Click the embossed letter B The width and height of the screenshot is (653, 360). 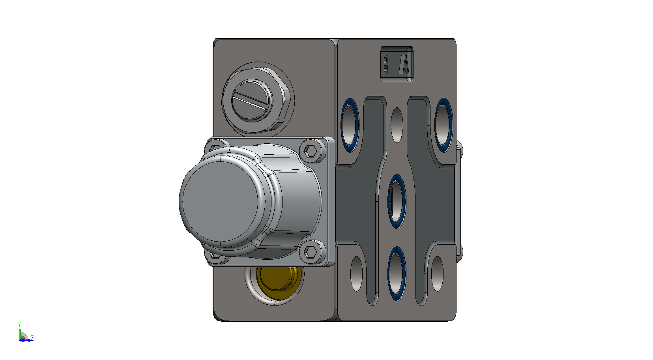coord(385,65)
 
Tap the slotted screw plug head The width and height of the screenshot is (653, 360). coord(252,101)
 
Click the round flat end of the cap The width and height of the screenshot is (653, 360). coord(221,202)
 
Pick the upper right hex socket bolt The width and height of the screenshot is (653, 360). coord(311,151)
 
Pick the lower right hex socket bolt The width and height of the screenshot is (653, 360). coord(311,251)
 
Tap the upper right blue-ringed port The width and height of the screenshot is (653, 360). coord(443,125)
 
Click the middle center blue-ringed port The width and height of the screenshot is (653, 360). coord(397,201)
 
